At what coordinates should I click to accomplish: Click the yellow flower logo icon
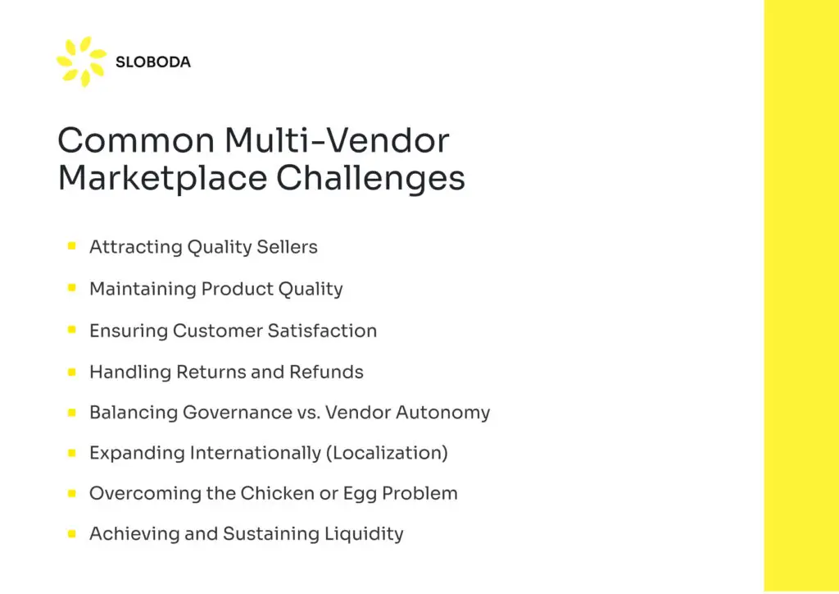(82, 61)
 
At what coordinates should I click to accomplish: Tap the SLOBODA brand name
(153, 62)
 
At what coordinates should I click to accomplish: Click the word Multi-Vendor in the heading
(337, 140)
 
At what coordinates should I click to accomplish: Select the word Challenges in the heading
(370, 178)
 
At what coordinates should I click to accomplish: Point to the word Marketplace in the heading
(163, 179)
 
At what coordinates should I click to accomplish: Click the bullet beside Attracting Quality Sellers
(72, 246)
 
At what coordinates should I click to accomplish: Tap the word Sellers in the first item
(287, 247)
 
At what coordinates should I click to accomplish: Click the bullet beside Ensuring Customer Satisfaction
(72, 330)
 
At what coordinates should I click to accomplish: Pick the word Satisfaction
(322, 331)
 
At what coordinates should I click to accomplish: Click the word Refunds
(326, 372)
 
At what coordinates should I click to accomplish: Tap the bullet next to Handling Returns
(72, 372)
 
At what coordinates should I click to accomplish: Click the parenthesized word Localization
(387, 453)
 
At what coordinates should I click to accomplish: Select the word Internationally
(256, 453)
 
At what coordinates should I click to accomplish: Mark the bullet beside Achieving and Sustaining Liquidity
(72, 533)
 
